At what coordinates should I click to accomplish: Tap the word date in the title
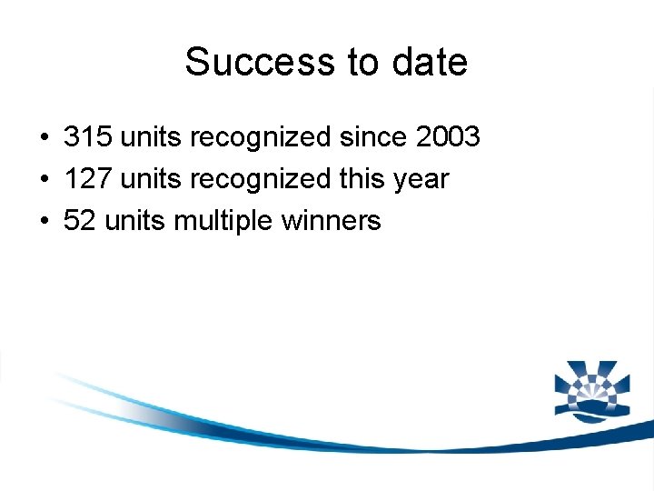(x=431, y=63)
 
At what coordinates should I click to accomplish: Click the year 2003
(x=447, y=137)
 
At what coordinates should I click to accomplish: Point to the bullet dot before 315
(x=44, y=138)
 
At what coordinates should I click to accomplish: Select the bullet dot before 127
(x=44, y=180)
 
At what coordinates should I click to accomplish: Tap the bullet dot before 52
(x=44, y=222)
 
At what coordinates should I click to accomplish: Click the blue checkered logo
(x=590, y=391)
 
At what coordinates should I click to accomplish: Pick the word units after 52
(x=133, y=221)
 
